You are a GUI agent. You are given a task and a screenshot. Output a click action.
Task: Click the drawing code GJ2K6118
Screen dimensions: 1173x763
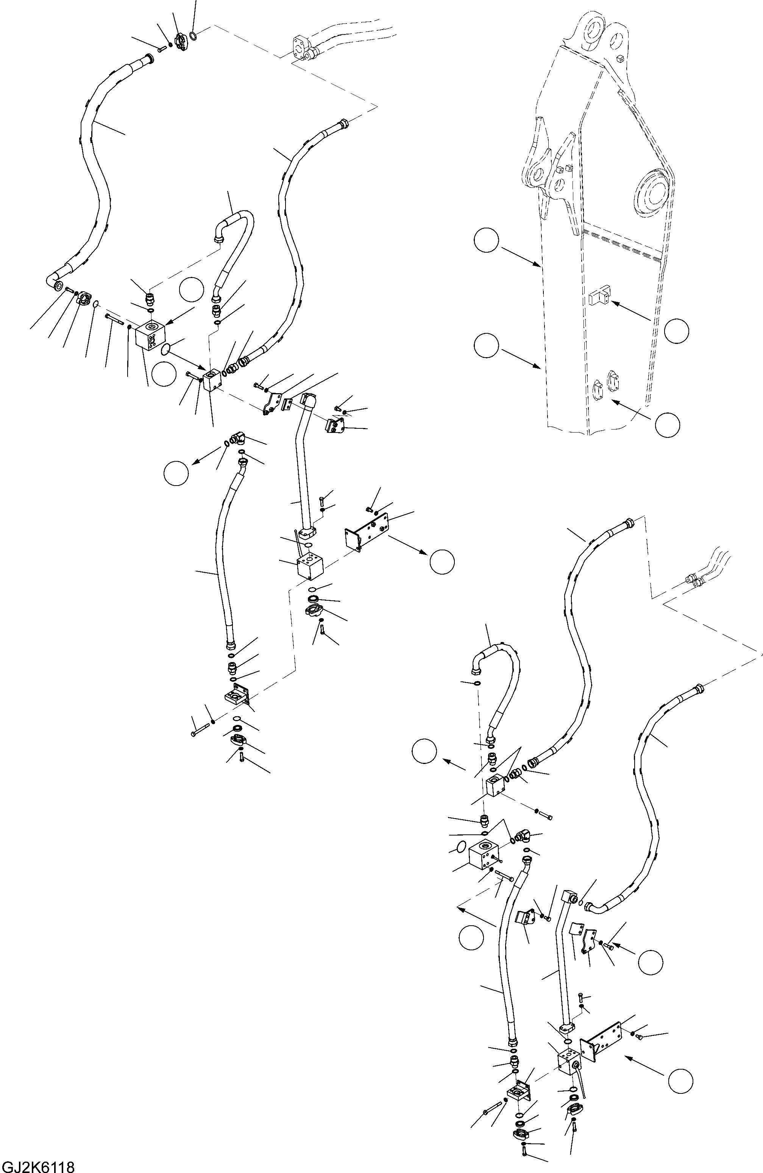[x=37, y=1165]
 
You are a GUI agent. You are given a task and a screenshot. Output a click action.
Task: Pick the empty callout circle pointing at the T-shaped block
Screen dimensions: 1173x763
[x=676, y=331]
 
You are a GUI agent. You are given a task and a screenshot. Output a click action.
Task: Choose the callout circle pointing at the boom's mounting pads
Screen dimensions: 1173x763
[x=667, y=424]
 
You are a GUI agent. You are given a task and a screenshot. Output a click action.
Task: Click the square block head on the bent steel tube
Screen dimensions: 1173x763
[x=569, y=895]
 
